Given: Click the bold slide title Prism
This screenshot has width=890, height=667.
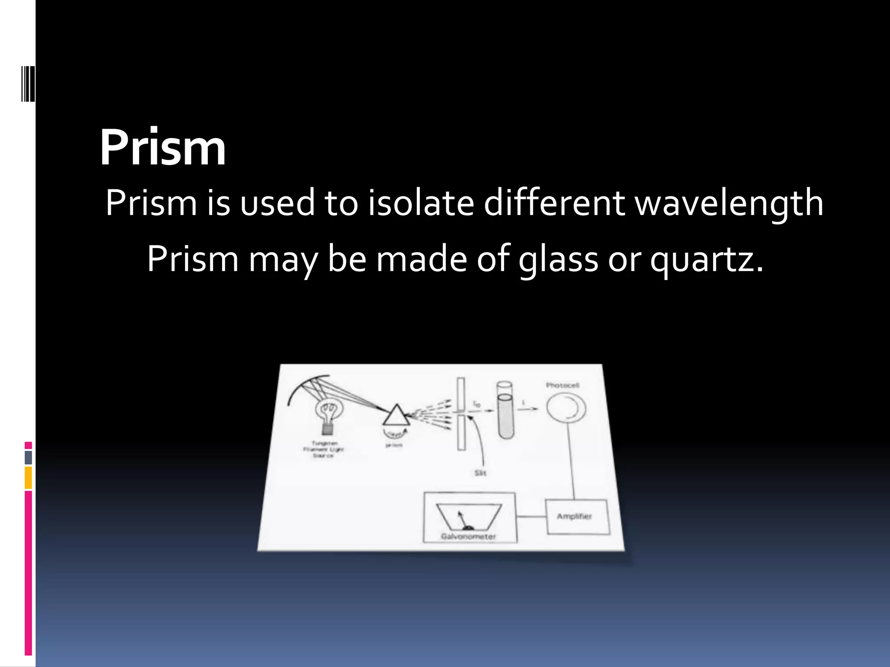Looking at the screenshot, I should point(163,148).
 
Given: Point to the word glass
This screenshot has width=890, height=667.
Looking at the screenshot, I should point(558,260).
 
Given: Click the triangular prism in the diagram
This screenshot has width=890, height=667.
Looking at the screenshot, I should point(396,416).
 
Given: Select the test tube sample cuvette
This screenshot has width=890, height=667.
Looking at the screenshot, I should point(505,410).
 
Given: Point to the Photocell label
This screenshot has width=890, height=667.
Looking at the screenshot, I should point(562,385).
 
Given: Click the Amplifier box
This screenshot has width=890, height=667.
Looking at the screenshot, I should point(577,516).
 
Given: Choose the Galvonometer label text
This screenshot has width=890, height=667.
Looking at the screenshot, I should point(468,536).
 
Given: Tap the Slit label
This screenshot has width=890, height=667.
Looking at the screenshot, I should point(480,473).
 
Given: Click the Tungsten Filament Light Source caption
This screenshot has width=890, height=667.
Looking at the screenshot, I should point(323,449).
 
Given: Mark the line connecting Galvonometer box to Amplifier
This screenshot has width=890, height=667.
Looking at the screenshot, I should point(531,516).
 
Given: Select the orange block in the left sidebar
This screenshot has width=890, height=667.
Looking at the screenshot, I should point(28,477).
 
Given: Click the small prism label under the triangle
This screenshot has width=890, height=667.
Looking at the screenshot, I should point(394,445).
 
